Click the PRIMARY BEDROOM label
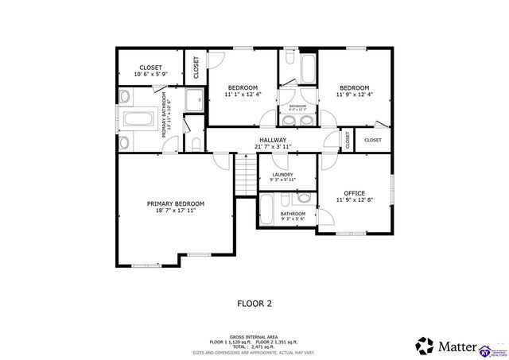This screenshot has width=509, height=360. coord(175,204)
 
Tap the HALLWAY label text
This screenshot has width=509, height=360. coord(273,140)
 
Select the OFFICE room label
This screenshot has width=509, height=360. coord(354,193)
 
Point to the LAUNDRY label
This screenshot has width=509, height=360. coord(282,175)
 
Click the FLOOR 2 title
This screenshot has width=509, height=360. coord(254,303)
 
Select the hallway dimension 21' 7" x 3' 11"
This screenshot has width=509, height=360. coord(273,147)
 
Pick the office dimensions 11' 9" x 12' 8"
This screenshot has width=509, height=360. coord(354,201)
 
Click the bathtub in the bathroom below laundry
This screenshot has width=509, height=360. coord(267,209)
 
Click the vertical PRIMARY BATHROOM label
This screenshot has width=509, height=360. coord(165,114)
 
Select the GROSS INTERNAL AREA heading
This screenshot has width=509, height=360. coord(254,336)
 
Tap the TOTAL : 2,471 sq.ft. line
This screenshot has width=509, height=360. coord(254,346)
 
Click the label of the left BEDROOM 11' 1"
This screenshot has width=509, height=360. coord(243,87)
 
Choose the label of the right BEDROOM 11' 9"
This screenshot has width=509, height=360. coord(354,87)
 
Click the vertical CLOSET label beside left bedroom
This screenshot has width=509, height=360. coord(196,68)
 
